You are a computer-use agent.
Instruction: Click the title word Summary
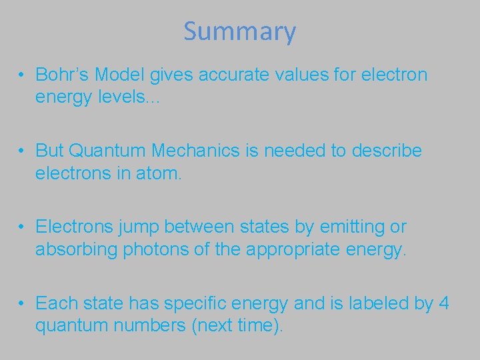pyautogui.click(x=239, y=31)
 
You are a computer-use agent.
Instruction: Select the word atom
pyautogui.click(x=154, y=173)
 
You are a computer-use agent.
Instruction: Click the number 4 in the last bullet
pyautogui.click(x=445, y=304)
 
